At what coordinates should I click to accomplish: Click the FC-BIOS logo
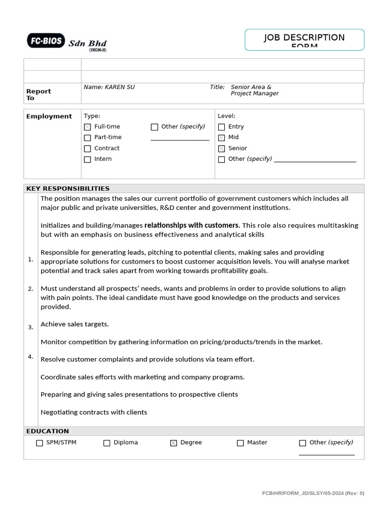click(x=46, y=40)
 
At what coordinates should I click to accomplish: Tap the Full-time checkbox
click(x=87, y=127)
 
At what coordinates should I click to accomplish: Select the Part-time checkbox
click(x=87, y=138)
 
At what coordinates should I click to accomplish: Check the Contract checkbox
click(x=87, y=149)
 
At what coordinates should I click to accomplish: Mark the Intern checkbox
click(x=87, y=159)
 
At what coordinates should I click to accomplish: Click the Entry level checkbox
click(x=221, y=127)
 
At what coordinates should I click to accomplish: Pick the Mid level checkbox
click(x=221, y=138)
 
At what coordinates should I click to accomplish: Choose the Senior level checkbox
click(x=221, y=149)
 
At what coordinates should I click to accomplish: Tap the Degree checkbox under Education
click(x=174, y=443)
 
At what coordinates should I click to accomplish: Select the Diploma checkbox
click(x=107, y=443)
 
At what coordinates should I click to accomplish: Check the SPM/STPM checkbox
click(x=39, y=443)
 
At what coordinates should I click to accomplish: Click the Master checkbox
click(x=240, y=443)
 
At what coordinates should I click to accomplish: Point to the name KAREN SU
click(x=109, y=87)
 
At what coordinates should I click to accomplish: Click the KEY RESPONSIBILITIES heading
click(x=68, y=189)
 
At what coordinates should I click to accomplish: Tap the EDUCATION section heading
click(x=47, y=431)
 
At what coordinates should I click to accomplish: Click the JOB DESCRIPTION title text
click(x=304, y=38)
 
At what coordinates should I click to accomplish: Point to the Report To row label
click(x=38, y=95)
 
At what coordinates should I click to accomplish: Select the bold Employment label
click(x=49, y=116)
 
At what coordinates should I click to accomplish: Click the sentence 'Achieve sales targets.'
click(x=75, y=324)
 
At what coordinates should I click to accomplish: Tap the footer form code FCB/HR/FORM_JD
click(x=313, y=493)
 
